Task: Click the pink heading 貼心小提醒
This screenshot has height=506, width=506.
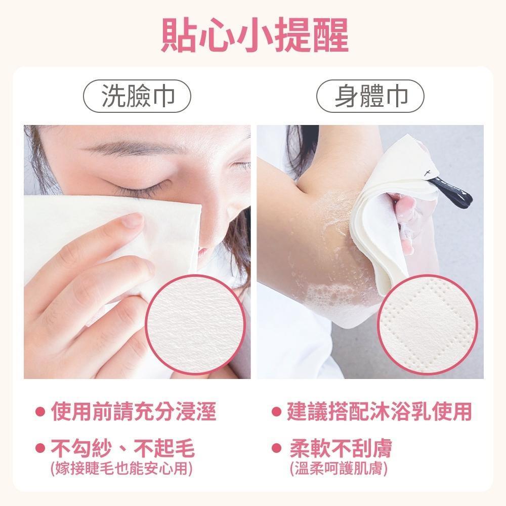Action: pos(255,35)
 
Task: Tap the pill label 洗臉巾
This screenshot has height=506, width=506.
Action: pos(137,96)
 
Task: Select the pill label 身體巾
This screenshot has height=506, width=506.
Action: pos(370,96)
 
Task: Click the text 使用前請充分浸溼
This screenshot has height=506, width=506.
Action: pos(133,411)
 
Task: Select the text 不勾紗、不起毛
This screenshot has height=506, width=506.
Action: pos(122,448)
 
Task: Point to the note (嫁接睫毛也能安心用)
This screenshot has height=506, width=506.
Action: pos(121,469)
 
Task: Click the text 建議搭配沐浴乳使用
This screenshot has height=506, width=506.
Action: pos(379,411)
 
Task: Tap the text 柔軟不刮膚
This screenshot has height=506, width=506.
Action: pos(341,448)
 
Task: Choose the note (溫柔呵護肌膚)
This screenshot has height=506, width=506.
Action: pos(339,469)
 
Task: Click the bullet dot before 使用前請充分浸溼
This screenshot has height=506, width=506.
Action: pos(39,411)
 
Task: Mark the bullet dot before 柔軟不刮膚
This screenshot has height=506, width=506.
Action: pos(277,448)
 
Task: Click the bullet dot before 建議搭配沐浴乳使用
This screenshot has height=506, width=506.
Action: pos(277,411)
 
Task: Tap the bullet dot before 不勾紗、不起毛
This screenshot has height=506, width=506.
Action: pos(39,448)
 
